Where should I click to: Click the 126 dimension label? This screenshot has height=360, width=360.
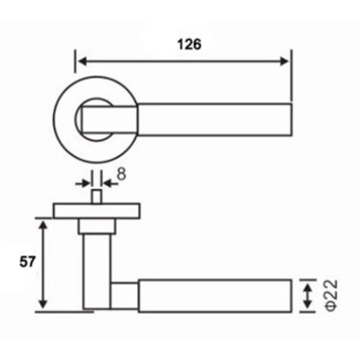pos(189,45)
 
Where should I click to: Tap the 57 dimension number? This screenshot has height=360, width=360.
pos(28,262)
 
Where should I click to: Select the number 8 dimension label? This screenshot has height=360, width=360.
pos(121,174)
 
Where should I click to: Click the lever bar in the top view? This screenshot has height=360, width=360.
pos(216,119)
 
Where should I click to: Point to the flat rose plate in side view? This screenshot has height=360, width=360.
pos(96,210)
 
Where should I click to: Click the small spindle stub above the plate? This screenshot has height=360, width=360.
pos(96,196)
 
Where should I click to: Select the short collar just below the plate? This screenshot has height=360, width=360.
pos(96,226)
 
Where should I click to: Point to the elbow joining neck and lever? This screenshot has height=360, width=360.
pos(125,295)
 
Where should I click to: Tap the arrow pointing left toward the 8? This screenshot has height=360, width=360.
pos(106,182)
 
